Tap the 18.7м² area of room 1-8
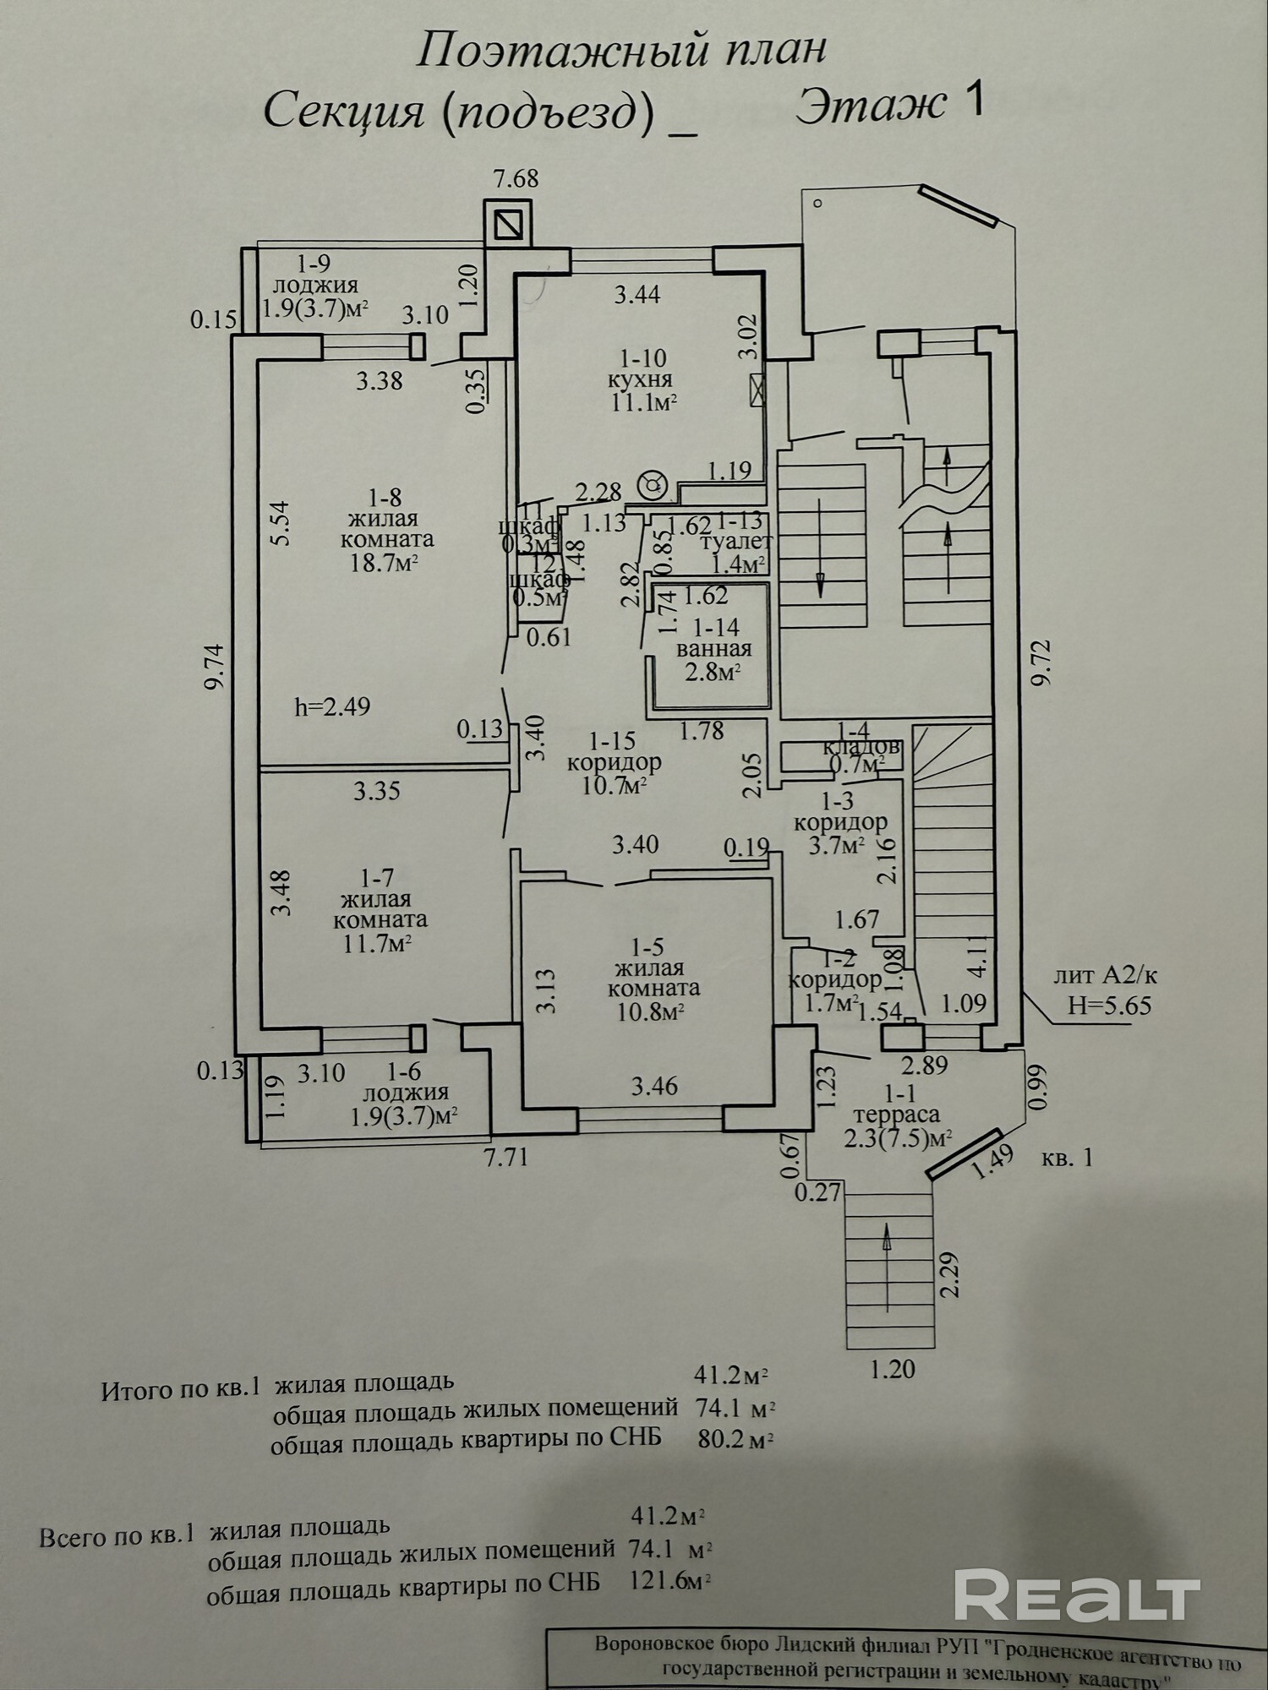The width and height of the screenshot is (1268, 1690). pos(385,562)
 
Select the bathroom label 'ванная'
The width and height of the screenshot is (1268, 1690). pos(713,649)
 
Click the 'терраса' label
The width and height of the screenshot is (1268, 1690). pos(896,1115)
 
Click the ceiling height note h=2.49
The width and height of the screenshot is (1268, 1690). pos(332,706)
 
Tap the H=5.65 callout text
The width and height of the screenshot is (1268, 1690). pos(1109,1006)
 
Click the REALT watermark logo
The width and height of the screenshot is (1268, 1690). pos(1077,1594)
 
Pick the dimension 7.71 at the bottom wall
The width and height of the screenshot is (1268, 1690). pos(506,1155)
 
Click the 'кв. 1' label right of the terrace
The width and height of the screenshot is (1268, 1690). pos(1067,1158)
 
